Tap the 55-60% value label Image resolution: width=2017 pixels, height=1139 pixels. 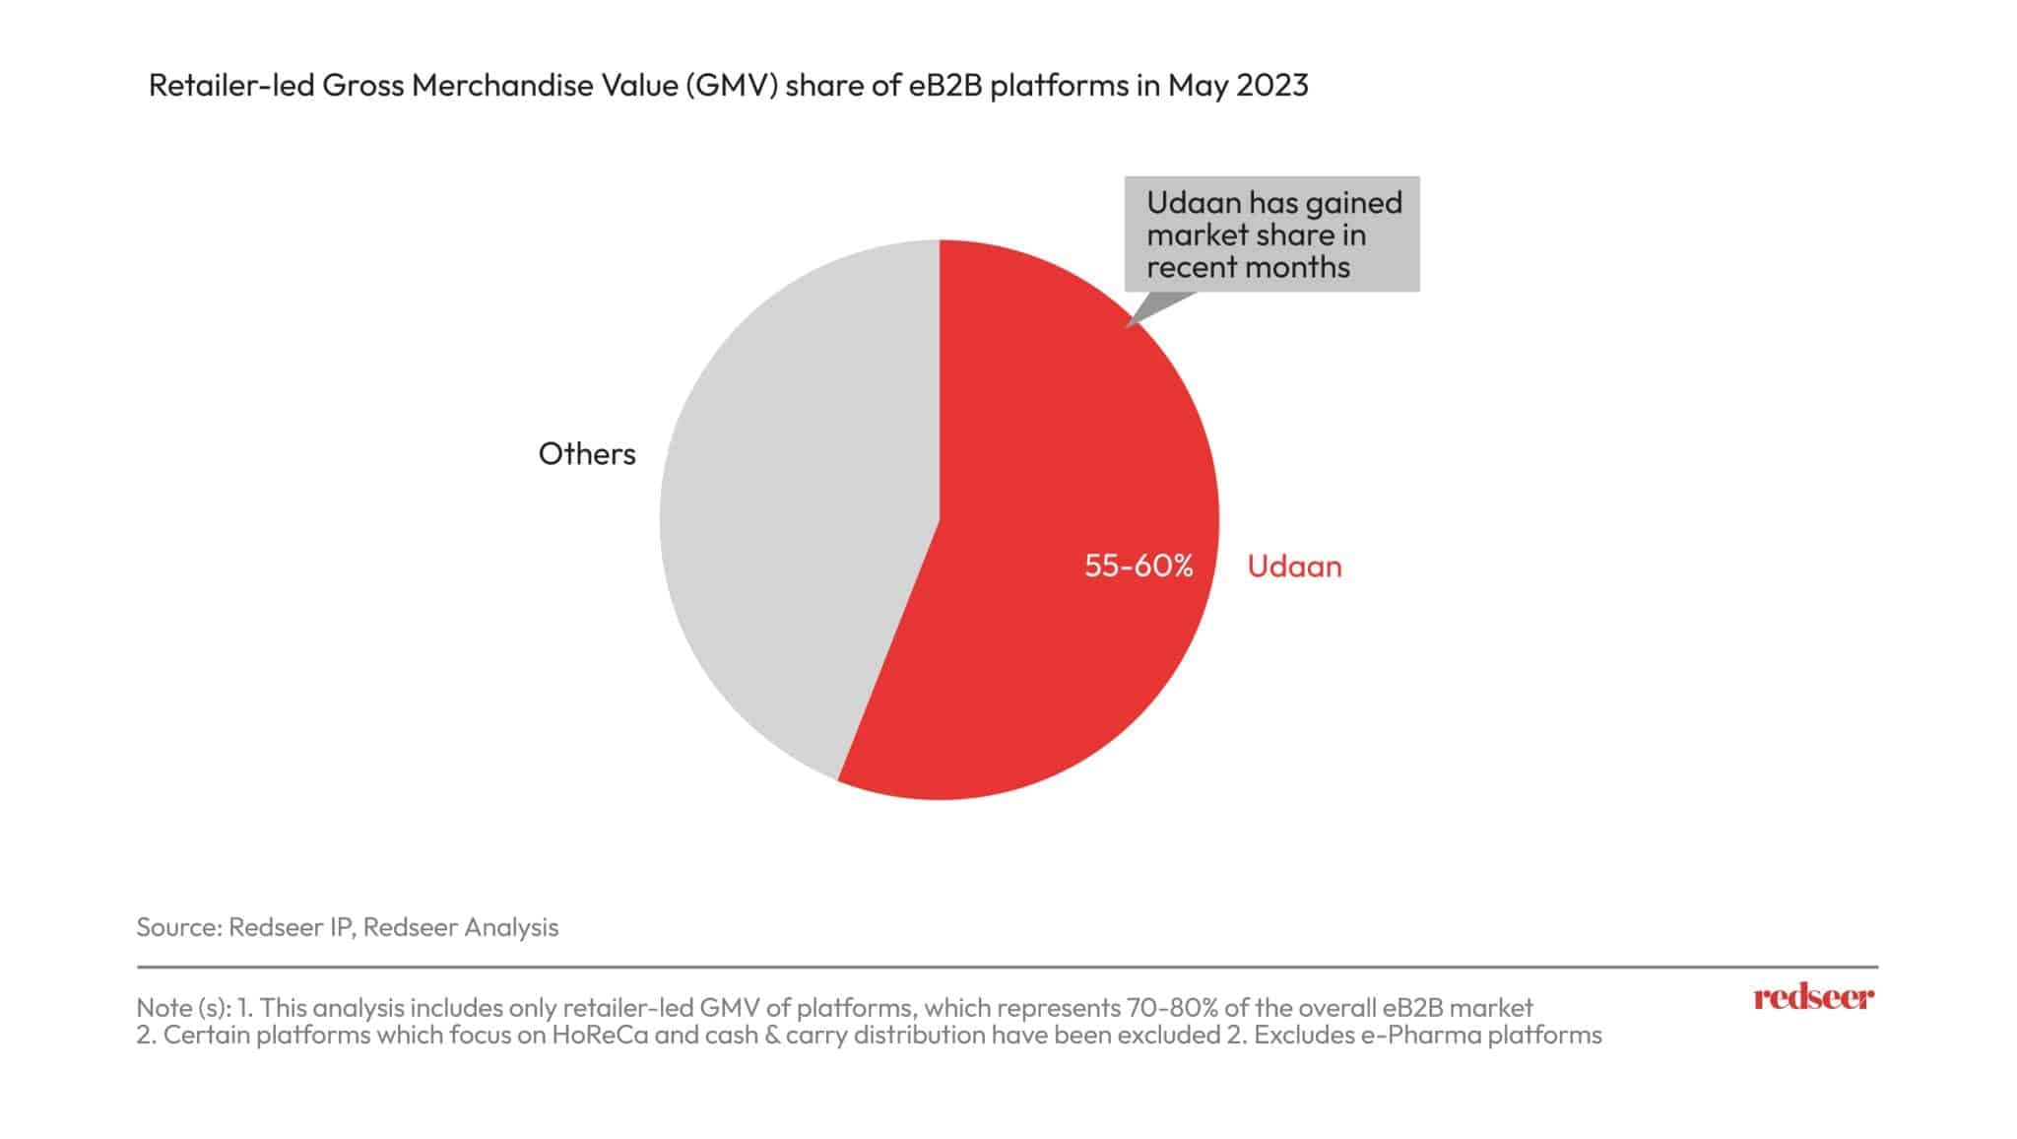click(1139, 566)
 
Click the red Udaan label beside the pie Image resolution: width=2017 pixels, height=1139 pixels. click(1294, 567)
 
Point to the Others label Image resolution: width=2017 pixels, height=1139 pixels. click(587, 453)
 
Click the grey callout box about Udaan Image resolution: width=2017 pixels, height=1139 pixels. click(1272, 234)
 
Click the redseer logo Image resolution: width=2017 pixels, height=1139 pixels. click(1813, 997)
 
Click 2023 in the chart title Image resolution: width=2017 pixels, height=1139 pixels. click(1271, 87)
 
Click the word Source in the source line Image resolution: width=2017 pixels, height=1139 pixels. click(178, 927)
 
